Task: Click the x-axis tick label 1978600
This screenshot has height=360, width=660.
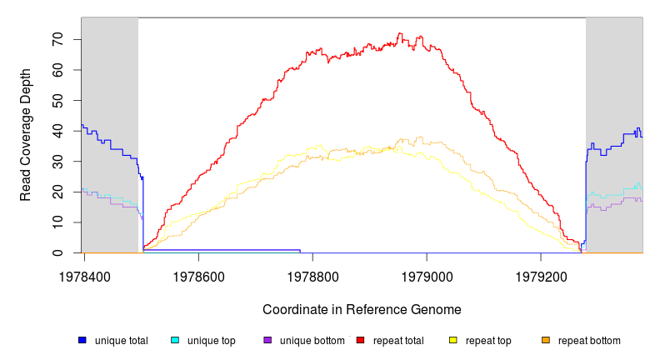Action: click(197, 274)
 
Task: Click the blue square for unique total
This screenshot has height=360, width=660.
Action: click(82, 340)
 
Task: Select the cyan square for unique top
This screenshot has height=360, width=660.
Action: click(175, 340)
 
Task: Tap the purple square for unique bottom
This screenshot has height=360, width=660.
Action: click(267, 340)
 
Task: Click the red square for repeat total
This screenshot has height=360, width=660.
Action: click(360, 340)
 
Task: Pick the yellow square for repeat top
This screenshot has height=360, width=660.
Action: click(453, 340)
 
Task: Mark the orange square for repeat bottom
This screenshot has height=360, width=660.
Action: click(546, 340)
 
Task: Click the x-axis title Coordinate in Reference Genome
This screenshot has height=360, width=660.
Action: click(362, 309)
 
